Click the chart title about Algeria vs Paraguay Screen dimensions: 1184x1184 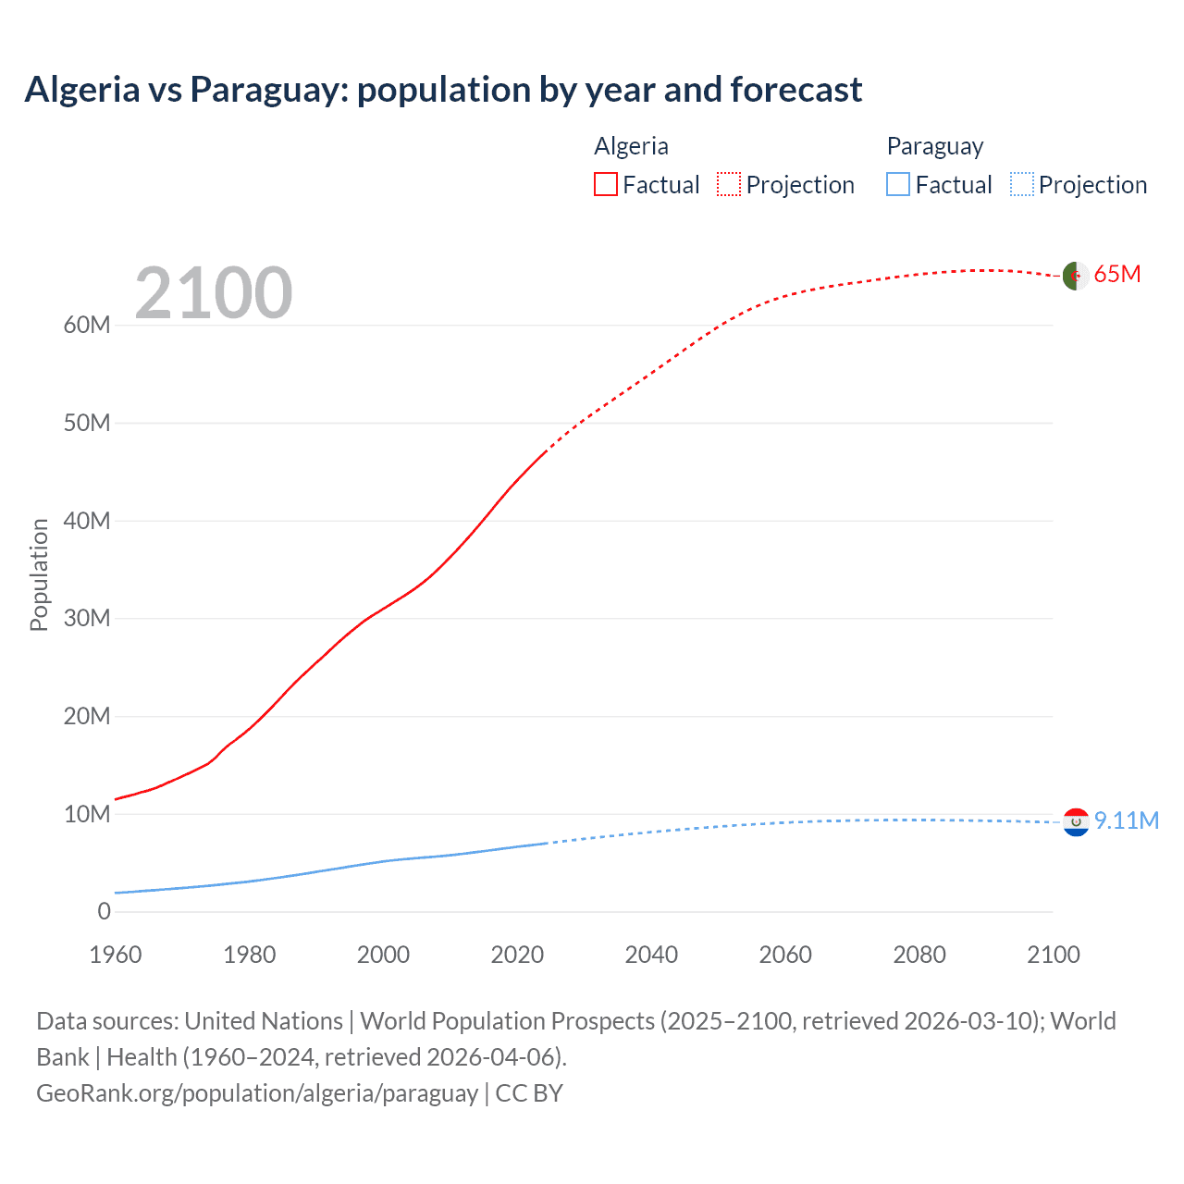tap(443, 90)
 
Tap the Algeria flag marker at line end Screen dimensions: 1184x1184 tap(1075, 276)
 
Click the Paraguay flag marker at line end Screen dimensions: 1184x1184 tap(1075, 822)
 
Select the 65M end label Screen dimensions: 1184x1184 tap(1116, 275)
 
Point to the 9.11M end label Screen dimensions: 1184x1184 tap(1126, 821)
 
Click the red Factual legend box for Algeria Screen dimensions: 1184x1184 tap(606, 185)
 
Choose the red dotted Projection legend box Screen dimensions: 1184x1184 tap(729, 185)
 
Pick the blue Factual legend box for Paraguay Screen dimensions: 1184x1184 tap(898, 185)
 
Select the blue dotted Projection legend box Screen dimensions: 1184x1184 tap(1022, 185)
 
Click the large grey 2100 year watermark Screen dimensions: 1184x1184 tap(214, 293)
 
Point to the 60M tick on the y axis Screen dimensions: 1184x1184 tap(87, 326)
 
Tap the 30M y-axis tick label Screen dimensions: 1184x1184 tap(87, 619)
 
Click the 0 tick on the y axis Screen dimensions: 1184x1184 tap(104, 912)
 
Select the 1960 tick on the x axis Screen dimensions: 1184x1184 tap(116, 955)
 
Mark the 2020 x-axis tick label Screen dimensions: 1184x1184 tap(517, 955)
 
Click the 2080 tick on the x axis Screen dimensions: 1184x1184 tap(919, 955)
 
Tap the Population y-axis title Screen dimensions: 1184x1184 tap(39, 574)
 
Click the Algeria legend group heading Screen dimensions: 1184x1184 tap(631, 146)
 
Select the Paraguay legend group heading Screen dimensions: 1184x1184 tap(934, 146)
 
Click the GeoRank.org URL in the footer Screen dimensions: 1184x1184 tap(257, 1093)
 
